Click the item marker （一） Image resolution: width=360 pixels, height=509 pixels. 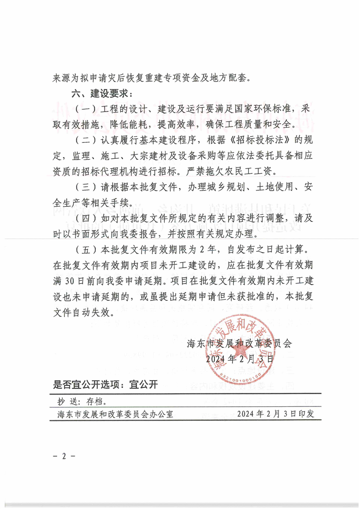pos(84,110)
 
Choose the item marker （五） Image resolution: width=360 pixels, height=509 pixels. pos(84,250)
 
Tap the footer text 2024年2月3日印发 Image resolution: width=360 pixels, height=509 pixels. pos(279,415)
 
